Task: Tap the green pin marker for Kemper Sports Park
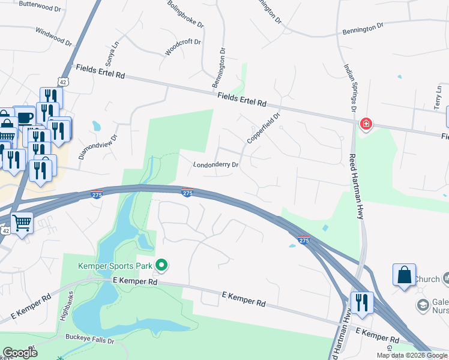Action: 161,265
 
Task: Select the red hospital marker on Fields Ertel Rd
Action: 365,124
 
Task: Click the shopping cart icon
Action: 22,223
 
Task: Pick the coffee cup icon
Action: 25,117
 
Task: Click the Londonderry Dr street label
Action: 216,164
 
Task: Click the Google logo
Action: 20,353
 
